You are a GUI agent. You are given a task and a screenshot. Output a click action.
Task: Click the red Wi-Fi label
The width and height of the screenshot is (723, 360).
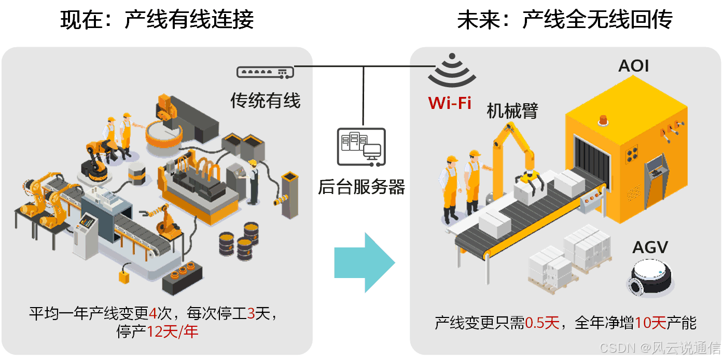[450, 103]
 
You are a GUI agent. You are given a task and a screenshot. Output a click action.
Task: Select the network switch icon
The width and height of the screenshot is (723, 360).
[265, 73]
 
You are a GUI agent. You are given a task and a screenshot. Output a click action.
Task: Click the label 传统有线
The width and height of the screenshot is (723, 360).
[265, 100]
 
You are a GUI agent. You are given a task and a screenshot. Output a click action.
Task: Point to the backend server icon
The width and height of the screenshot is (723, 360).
[361, 147]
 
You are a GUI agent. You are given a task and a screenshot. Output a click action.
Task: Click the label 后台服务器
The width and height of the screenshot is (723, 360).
[361, 187]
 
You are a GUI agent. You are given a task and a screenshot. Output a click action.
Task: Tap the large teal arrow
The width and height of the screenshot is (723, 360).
[365, 262]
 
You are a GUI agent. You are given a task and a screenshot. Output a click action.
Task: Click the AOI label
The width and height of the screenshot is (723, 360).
[633, 66]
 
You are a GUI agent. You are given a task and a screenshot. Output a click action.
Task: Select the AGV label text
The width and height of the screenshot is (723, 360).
[650, 247]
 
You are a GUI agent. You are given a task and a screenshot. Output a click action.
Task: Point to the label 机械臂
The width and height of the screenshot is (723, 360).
[512, 110]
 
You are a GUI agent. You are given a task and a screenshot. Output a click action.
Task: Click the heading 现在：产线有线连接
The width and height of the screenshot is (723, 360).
[157, 21]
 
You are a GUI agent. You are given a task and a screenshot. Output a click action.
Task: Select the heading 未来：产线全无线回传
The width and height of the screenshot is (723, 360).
[565, 21]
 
